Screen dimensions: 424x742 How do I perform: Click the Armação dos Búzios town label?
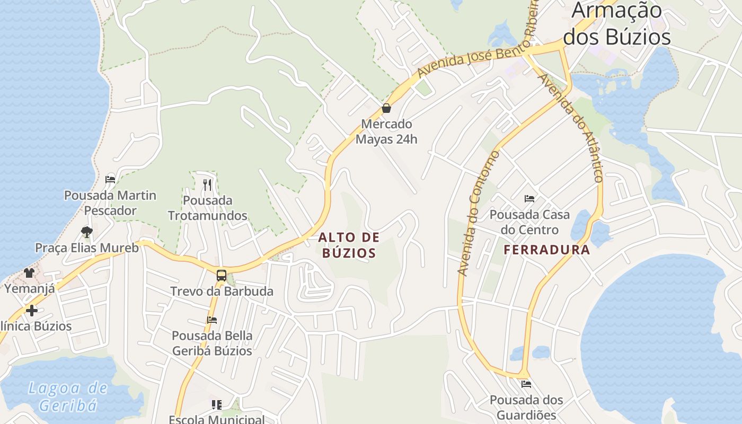(x=617, y=24)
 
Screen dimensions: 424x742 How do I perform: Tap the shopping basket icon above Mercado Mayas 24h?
(x=386, y=108)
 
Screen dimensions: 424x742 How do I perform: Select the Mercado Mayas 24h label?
(x=386, y=131)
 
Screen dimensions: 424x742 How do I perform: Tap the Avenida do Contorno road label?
(x=478, y=213)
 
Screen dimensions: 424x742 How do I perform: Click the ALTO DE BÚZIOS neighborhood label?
(x=349, y=245)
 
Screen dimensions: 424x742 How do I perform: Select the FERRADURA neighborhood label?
(x=546, y=250)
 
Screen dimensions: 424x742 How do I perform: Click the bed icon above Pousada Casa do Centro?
(x=529, y=199)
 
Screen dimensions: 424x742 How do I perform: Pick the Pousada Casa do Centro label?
(x=529, y=222)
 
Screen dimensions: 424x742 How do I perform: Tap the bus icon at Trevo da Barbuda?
(x=222, y=276)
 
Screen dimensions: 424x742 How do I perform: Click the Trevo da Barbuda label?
(x=222, y=291)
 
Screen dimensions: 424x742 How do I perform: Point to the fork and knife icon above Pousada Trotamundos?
(x=207, y=184)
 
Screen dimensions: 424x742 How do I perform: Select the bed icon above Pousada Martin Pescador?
(x=110, y=179)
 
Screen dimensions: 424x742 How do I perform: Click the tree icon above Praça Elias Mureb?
(x=86, y=232)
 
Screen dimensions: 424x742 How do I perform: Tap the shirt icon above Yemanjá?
(x=29, y=273)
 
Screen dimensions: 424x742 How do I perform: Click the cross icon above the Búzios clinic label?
(x=32, y=310)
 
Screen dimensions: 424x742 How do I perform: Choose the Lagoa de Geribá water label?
(x=68, y=396)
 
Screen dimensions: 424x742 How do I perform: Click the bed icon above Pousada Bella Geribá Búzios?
(x=212, y=320)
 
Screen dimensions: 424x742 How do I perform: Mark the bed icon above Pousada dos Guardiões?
(x=526, y=384)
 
